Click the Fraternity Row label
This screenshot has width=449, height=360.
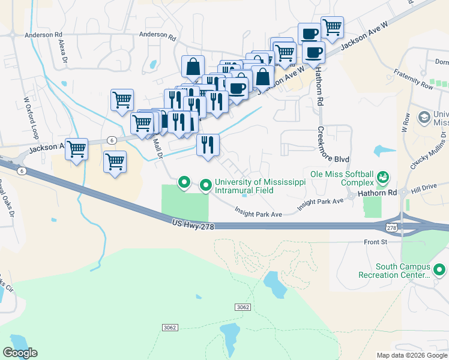point(414,79)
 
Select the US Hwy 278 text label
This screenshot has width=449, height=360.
point(192,223)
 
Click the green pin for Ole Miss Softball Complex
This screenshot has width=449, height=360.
point(382,177)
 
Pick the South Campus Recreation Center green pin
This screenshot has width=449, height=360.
point(439,270)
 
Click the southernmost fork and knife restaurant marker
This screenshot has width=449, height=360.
point(208,145)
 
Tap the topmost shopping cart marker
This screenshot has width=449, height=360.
point(332,26)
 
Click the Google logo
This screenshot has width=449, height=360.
point(20,353)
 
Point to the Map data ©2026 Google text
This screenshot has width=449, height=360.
point(411,355)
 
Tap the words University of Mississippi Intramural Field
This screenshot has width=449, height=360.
point(244,186)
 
